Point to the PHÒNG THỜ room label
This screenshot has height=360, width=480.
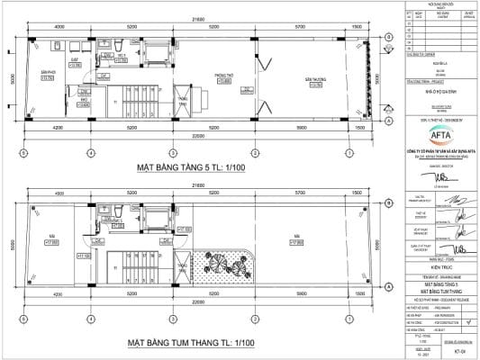[224, 79]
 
